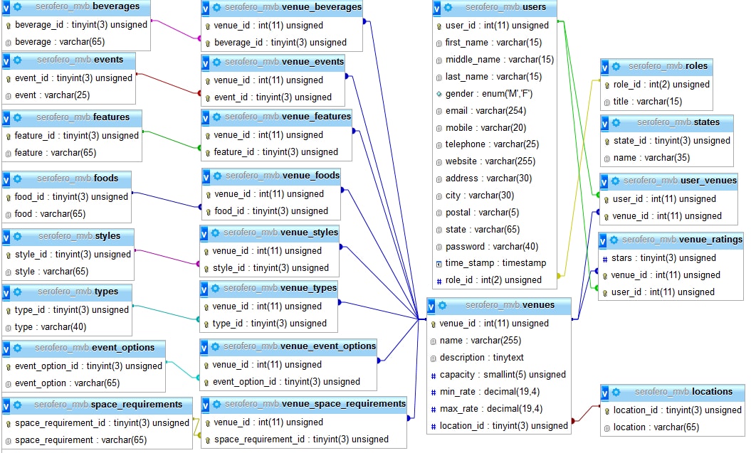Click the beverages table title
[x=87, y=6]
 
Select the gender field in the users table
[x=488, y=94]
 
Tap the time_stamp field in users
[x=495, y=263]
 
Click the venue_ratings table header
[x=682, y=239]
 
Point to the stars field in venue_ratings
[x=663, y=258]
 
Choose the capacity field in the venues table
[x=503, y=375]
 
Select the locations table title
[x=683, y=392]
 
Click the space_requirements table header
[x=107, y=405]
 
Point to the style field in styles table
[x=52, y=272]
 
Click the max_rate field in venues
[x=491, y=409]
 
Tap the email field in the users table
[x=485, y=111]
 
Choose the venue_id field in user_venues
[x=667, y=216]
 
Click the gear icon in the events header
[x=18, y=60]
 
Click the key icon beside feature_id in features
[x=8, y=137]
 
